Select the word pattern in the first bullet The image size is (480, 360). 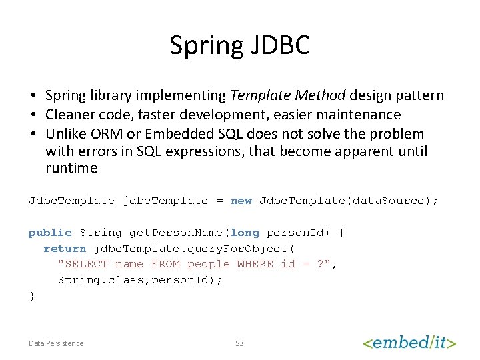click(x=420, y=95)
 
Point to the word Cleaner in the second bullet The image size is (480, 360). click(x=69, y=115)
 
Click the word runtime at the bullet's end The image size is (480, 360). click(x=71, y=168)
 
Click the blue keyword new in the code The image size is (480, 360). click(x=241, y=201)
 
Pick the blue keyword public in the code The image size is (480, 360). click(x=50, y=233)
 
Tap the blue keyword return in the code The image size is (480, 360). click(x=65, y=249)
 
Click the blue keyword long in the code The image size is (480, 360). click(x=245, y=233)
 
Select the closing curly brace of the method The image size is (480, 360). click(x=31, y=296)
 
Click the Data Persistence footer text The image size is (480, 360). click(x=56, y=343)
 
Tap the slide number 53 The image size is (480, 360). click(x=239, y=343)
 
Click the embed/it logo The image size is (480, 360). click(x=409, y=343)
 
